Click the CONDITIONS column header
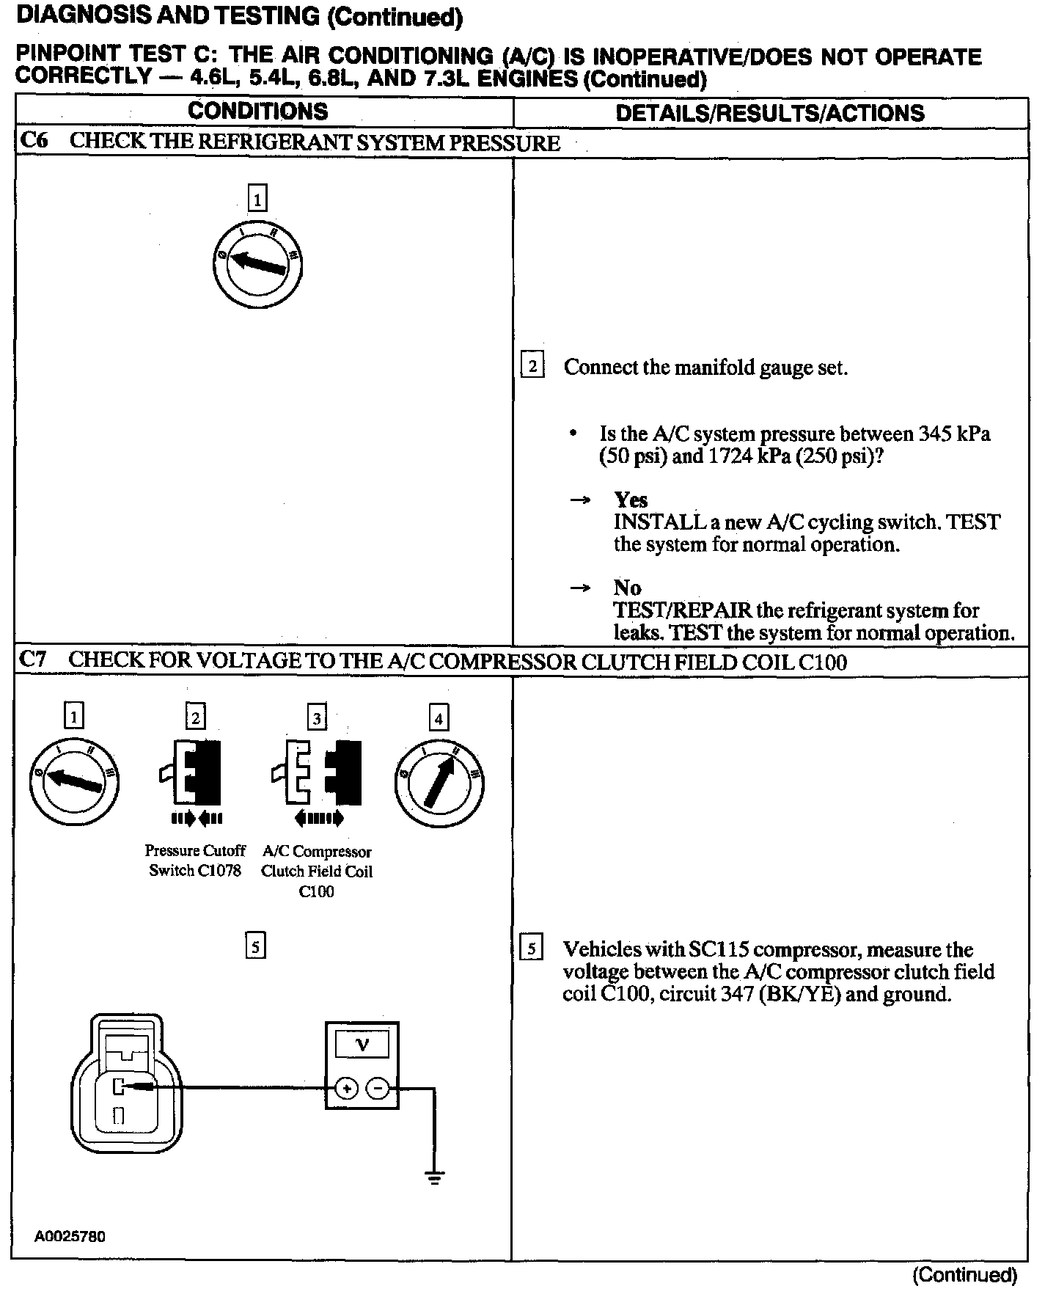pyautogui.click(x=257, y=112)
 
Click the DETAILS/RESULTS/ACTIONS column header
pyautogui.click(x=770, y=113)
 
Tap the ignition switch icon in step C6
pyautogui.click(x=257, y=263)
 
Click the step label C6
pyautogui.click(x=34, y=141)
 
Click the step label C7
pyautogui.click(x=34, y=660)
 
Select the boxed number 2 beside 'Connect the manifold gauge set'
pyautogui.click(x=532, y=365)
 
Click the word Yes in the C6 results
pyautogui.click(x=631, y=500)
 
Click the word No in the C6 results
pyautogui.click(x=627, y=588)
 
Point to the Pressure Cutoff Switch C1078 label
pyautogui.click(x=195, y=861)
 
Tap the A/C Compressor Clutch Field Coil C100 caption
pyautogui.click(x=317, y=872)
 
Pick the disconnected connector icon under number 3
pyautogui.click(x=317, y=772)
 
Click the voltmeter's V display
pyautogui.click(x=362, y=1045)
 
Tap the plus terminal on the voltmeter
pyautogui.click(x=346, y=1089)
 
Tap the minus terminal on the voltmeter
pyautogui.click(x=378, y=1089)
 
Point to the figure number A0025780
pyautogui.click(x=70, y=1236)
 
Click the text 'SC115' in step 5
pyautogui.click(x=718, y=950)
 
